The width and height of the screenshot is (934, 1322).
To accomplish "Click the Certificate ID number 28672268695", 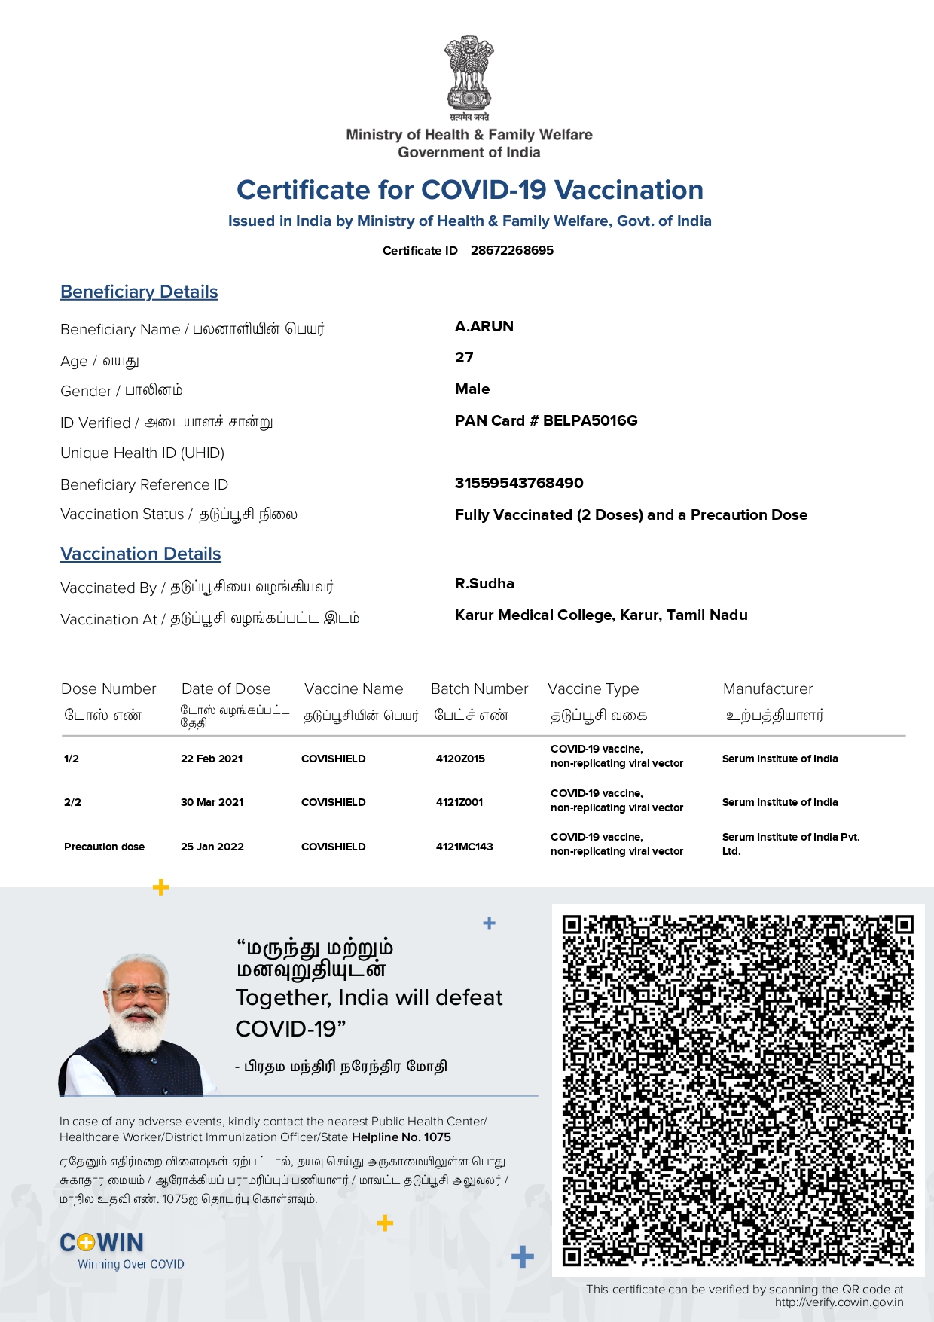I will [511, 250].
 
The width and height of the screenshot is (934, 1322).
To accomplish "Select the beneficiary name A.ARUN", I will [484, 326].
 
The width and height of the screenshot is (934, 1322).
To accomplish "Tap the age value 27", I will [464, 358].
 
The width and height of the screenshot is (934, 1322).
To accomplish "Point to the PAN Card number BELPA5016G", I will [590, 420].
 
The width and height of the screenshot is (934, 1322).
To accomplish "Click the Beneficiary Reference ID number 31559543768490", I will [519, 483].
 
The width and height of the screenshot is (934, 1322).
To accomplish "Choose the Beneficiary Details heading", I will [139, 292].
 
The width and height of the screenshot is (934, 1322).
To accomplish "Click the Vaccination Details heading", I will [141, 554].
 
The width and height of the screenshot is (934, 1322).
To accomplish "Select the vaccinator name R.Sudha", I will [484, 583].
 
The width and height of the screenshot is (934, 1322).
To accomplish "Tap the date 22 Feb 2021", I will [212, 759].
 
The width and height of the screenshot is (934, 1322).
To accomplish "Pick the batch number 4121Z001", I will [459, 802].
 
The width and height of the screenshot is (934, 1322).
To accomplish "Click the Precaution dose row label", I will [104, 847].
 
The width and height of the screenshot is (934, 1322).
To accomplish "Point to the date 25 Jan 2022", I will [212, 847].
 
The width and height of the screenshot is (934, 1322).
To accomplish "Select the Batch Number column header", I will [479, 688].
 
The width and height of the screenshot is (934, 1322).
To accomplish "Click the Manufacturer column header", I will [768, 688].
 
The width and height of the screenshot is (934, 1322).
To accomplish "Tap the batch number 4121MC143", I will [464, 847].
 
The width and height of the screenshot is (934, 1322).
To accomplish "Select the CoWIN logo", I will [102, 1243].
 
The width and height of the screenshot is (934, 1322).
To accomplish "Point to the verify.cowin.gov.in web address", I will [839, 1302].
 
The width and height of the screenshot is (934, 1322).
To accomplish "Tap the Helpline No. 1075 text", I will [401, 1137].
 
